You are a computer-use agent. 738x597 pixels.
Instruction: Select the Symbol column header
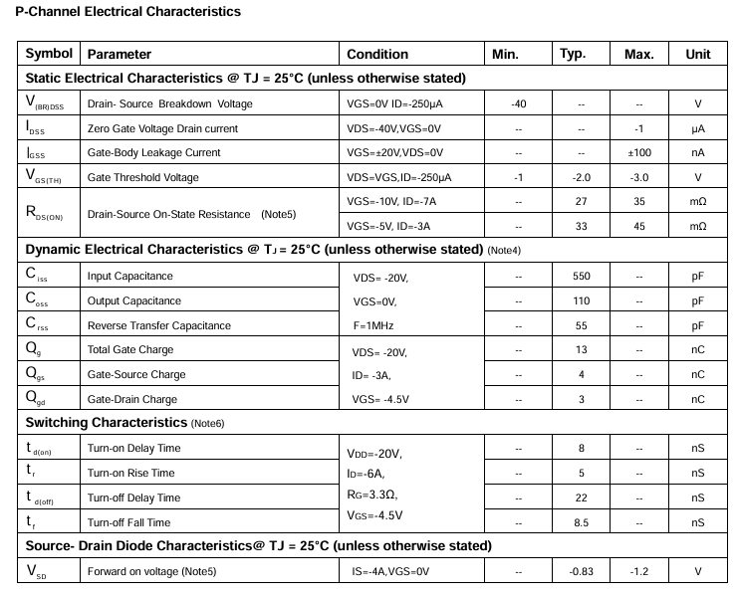(49, 54)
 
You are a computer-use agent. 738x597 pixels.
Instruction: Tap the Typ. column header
(573, 54)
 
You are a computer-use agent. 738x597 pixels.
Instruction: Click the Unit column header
(698, 54)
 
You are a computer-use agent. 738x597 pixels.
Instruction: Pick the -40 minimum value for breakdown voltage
(518, 103)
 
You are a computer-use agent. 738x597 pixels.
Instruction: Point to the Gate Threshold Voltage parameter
(143, 177)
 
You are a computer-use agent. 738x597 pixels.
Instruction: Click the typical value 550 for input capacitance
(581, 276)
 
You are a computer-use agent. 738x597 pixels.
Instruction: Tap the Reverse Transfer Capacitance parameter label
(159, 325)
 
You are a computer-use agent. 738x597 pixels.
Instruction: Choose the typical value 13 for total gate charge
(581, 349)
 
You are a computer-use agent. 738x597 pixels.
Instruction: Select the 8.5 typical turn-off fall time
(581, 521)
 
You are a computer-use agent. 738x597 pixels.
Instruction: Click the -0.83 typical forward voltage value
(581, 571)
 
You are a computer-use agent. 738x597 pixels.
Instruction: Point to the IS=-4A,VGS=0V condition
(389, 571)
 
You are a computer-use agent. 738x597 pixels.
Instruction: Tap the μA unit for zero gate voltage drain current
(698, 128)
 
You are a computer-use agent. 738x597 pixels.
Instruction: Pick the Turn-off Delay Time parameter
(134, 497)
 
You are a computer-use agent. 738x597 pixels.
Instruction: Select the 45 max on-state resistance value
(638, 226)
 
